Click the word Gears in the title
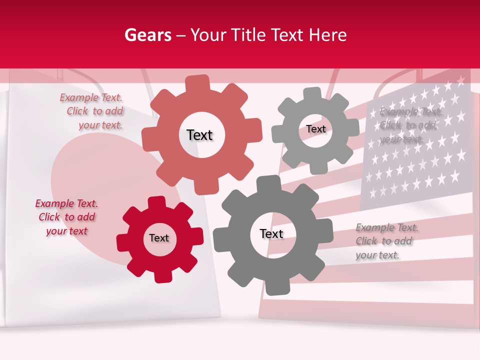pyautogui.click(x=148, y=35)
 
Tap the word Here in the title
pyautogui.click(x=327, y=35)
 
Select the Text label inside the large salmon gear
pyautogui.click(x=199, y=135)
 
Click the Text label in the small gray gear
pyautogui.click(x=316, y=129)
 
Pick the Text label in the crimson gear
pyautogui.click(x=159, y=238)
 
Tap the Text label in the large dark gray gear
pyautogui.click(x=271, y=233)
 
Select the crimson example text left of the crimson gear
pyautogui.click(x=66, y=217)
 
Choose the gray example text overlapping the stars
pyautogui.click(x=410, y=125)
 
